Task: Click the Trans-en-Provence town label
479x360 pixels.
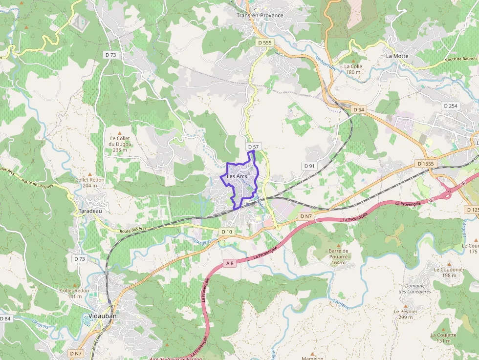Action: [x=260, y=15]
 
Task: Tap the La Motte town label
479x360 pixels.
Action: [x=397, y=56]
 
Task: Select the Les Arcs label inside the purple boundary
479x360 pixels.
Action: [x=237, y=176]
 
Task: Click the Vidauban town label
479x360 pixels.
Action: [x=103, y=316]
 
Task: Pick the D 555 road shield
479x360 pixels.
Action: [x=264, y=43]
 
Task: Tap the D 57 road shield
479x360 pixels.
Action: [x=253, y=147]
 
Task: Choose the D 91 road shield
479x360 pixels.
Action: [x=309, y=166]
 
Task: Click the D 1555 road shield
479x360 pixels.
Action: [x=426, y=163]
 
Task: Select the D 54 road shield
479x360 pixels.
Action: [x=358, y=109]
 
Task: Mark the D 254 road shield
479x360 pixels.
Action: [x=450, y=106]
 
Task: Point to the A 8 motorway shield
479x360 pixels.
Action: [x=230, y=263]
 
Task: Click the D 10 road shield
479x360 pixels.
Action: [x=226, y=232]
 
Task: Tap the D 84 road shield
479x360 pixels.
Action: [x=5, y=319]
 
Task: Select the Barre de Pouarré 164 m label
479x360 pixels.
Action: [x=338, y=256]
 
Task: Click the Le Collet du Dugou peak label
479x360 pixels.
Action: [x=120, y=144]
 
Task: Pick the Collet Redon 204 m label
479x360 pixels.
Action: [x=90, y=182]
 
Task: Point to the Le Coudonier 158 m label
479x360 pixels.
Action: [x=449, y=272]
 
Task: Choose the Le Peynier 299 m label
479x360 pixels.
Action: [x=406, y=314]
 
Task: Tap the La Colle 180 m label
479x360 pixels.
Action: [x=353, y=69]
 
